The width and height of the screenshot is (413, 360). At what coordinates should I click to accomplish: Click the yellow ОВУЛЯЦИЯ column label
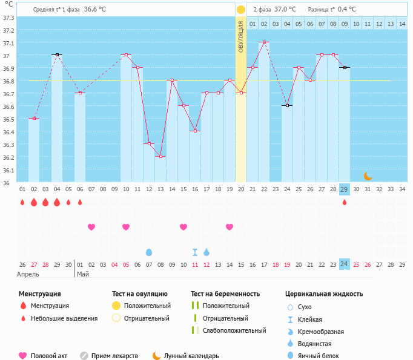coord(241,38)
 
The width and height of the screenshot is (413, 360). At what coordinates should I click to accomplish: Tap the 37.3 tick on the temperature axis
coord(9,18)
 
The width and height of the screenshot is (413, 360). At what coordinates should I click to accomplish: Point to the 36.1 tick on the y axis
coord(9,170)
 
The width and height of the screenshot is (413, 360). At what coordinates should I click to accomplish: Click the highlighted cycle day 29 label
coord(345,189)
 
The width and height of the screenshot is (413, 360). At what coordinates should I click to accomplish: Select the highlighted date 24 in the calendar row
coord(344,264)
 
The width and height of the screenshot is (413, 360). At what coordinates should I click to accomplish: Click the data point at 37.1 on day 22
coord(264,42)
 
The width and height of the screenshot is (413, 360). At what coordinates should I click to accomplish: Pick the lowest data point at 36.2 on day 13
coord(160,157)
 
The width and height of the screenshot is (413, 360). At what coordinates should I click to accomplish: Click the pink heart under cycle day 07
coord(91,227)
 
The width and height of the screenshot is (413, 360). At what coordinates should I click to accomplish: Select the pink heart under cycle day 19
coord(230,227)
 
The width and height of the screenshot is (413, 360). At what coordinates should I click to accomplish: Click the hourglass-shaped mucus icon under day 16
coord(195,252)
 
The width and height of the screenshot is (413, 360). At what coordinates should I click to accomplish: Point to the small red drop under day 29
coord(345,202)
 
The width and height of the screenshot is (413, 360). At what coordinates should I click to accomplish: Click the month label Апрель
coord(29,274)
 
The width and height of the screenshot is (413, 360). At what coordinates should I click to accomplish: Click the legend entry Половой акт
coord(48,356)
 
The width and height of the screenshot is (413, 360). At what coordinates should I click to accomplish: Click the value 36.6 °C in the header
coord(94,10)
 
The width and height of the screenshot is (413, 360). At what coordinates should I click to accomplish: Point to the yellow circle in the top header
coord(241,10)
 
